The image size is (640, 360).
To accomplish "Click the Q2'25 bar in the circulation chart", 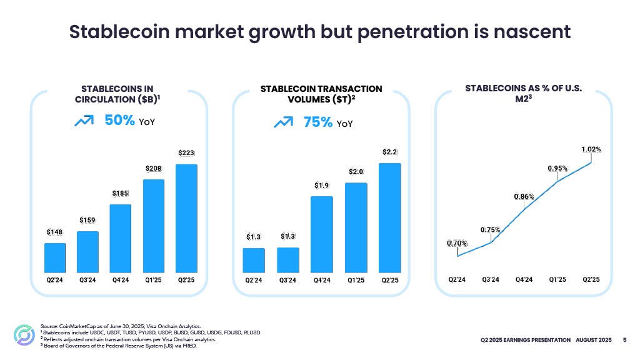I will (186, 217).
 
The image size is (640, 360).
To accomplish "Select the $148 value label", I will (54, 232).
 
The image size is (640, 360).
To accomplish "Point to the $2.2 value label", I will (390, 152).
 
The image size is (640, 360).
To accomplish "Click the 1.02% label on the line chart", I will (591, 149).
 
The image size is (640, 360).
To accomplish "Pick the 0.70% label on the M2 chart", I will (457, 243).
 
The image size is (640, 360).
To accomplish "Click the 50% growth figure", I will (120, 121).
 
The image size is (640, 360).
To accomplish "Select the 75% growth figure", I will (318, 122).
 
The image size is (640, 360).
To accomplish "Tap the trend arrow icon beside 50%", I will (84, 121).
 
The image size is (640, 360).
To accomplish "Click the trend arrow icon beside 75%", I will (283, 122).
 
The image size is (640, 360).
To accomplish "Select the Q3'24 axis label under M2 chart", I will (491, 279).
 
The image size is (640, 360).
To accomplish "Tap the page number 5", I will (625, 340).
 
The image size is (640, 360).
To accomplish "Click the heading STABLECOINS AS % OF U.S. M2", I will (523, 94).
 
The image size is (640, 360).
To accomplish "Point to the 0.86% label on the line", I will (524, 196).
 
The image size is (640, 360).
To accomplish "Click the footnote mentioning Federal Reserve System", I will (119, 346).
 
